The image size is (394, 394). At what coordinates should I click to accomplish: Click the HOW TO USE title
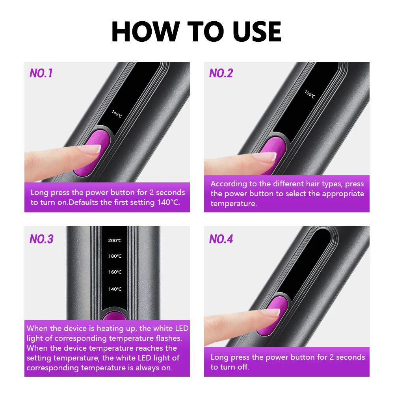pos(196,31)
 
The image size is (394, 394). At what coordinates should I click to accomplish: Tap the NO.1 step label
pos(41,73)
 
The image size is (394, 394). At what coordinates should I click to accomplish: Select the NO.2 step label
pos(221,73)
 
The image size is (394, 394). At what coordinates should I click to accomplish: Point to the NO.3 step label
pos(41,239)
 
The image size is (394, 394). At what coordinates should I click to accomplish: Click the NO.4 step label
pos(221,239)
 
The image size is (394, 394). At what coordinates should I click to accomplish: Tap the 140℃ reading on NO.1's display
pos(117,114)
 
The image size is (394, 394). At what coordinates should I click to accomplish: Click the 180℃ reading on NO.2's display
pos(310,94)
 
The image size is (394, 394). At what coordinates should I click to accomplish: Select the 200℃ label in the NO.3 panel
pos(115,240)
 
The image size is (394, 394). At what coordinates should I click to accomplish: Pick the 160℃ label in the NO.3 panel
pos(115,272)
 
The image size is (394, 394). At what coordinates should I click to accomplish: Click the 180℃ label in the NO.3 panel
pos(115,256)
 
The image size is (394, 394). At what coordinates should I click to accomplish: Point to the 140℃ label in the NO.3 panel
pos(115,289)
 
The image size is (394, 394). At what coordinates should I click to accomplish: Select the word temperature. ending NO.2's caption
pos(233,204)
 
